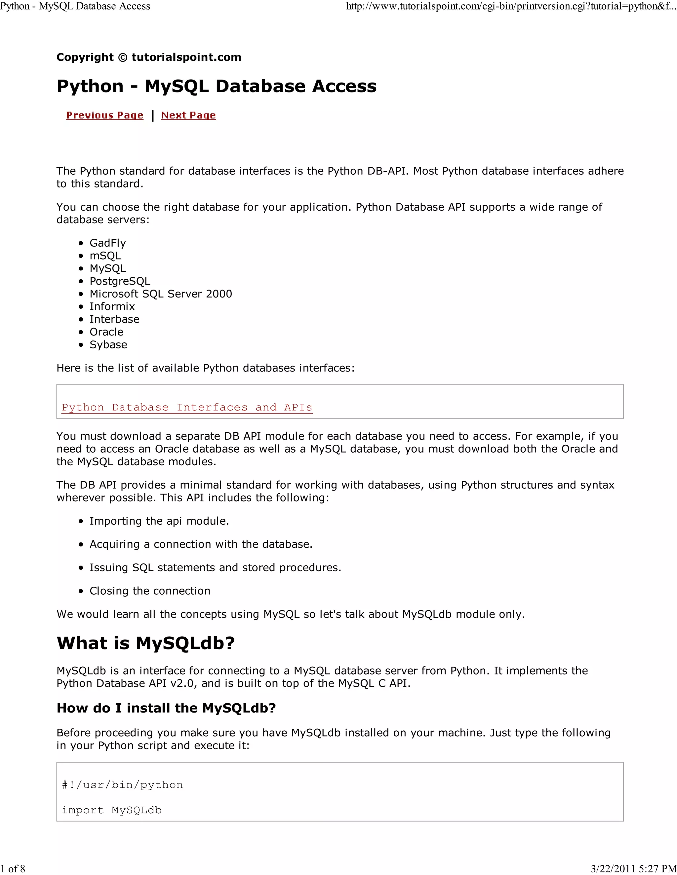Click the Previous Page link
pyautogui.click(x=105, y=115)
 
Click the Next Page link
pyautogui.click(x=188, y=115)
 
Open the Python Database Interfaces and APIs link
pyautogui.click(x=187, y=407)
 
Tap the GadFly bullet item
pyautogui.click(x=107, y=243)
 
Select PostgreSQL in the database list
pyautogui.click(x=120, y=281)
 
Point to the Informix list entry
pyautogui.click(x=112, y=306)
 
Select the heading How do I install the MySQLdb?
pyautogui.click(x=166, y=708)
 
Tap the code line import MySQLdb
pyautogui.click(x=111, y=810)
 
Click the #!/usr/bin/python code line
pyautogui.click(x=122, y=785)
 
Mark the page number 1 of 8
pyautogui.click(x=13, y=869)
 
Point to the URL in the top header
pyautogui.click(x=511, y=6)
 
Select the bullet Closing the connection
pyautogui.click(x=150, y=591)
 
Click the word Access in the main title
pyautogui.click(x=344, y=86)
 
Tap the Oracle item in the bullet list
pyautogui.click(x=106, y=332)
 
